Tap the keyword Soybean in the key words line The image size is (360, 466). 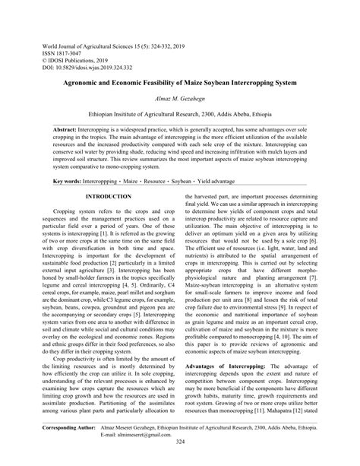point(199,182)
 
